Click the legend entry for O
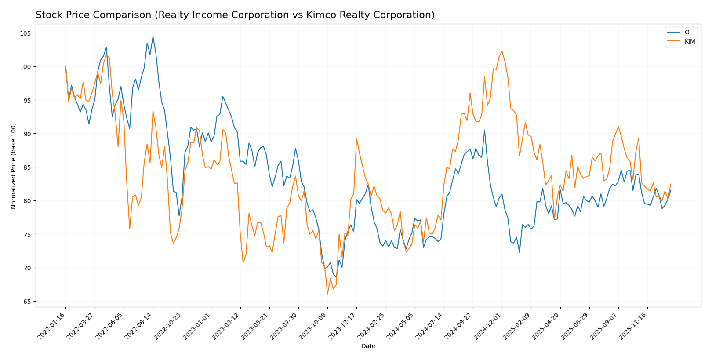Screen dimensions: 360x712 [x=687, y=32]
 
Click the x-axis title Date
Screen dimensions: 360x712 [x=368, y=346]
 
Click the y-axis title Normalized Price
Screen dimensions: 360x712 [x=14, y=166]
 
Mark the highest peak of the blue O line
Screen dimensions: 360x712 [x=153, y=36]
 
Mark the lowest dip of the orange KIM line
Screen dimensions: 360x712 [x=327, y=294]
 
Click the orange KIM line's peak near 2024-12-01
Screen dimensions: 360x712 [x=502, y=51]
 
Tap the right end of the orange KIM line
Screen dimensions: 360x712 [x=671, y=184]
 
